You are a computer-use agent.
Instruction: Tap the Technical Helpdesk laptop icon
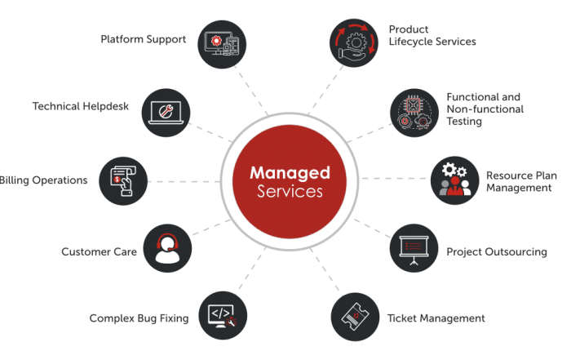[170, 113]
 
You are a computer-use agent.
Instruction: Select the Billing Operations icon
[124, 180]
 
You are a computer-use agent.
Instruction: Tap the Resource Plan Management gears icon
[455, 180]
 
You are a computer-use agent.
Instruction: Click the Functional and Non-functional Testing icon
[414, 113]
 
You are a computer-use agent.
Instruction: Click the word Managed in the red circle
[290, 173]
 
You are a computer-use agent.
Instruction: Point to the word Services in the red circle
[290, 193]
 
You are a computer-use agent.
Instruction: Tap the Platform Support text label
[144, 39]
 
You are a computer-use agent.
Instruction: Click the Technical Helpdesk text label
[81, 106]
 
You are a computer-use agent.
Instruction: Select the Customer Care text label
[99, 252]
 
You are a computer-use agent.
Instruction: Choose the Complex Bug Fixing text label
[139, 318]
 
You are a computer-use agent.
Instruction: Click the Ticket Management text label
[436, 318]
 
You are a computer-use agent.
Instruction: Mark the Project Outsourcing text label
[496, 252]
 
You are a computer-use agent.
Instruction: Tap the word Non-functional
[485, 109]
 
